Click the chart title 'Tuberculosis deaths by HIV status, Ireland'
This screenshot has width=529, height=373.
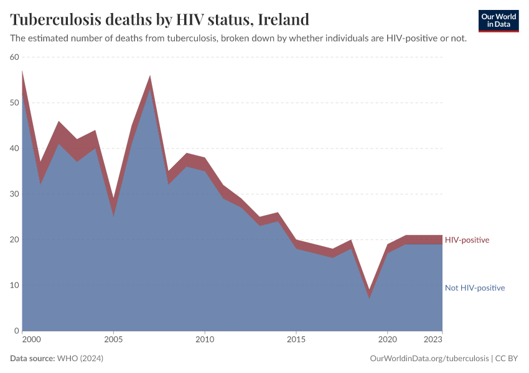(x=159, y=19)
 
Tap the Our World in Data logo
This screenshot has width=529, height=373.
(x=498, y=21)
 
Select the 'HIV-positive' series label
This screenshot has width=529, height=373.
(x=467, y=240)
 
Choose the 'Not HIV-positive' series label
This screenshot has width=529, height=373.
(x=474, y=288)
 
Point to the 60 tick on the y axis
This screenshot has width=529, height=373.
(x=14, y=57)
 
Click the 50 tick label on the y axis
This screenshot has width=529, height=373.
(x=14, y=103)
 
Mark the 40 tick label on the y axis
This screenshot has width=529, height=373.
(x=14, y=149)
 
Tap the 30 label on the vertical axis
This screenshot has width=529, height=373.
(x=14, y=194)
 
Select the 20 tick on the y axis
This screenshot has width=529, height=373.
(x=14, y=240)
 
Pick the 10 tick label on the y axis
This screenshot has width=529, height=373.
(x=14, y=285)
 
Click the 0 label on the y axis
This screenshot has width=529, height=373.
(x=17, y=331)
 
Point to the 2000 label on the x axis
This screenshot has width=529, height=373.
(x=31, y=340)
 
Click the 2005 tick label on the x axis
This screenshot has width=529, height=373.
(x=113, y=340)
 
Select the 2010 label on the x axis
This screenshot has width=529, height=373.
(x=205, y=340)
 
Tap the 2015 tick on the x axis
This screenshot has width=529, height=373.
(x=296, y=340)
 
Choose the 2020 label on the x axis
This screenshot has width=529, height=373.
(x=388, y=340)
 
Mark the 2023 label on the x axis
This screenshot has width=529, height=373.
(x=434, y=340)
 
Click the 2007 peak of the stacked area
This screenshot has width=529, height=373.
(x=150, y=76)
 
